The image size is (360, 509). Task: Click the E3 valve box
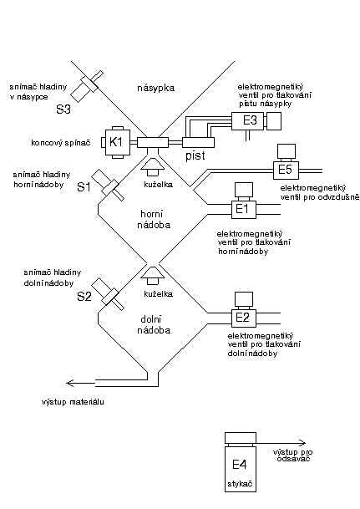pos(248,121)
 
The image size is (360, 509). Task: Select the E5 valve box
pos(286,171)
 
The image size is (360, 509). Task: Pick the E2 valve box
pos(244,318)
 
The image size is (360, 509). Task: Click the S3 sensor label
pos(63,109)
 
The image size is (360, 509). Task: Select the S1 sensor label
pos(84,187)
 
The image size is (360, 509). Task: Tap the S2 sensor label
pos(84,297)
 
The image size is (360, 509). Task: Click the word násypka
pos(155,88)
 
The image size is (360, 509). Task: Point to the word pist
pos(195,156)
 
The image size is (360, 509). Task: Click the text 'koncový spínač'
pos(61,143)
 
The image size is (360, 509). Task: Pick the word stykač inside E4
pos(240,484)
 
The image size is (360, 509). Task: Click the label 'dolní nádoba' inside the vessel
pos(154,325)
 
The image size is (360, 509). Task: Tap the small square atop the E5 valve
pos(286,151)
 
